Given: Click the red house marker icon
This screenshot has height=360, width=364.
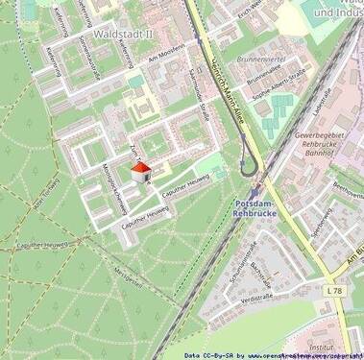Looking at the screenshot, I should click(140, 172).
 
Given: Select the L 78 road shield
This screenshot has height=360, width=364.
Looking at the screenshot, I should click(332, 289).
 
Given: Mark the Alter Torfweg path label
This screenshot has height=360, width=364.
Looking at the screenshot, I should click(46, 192).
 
